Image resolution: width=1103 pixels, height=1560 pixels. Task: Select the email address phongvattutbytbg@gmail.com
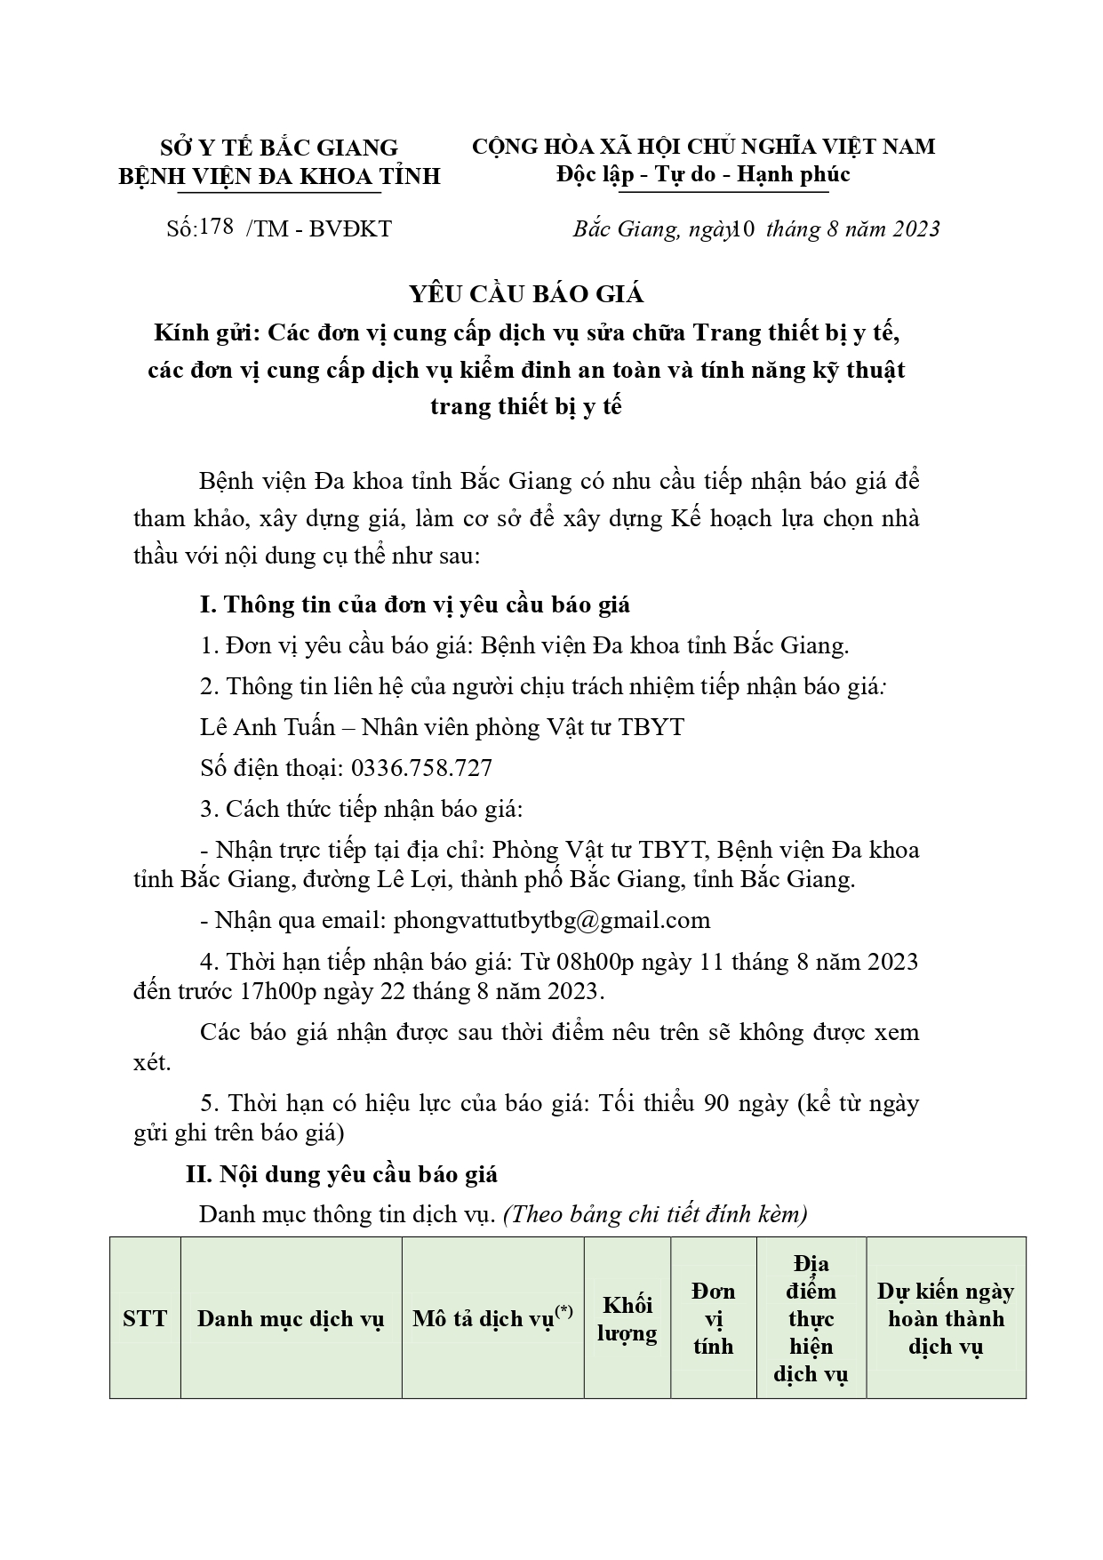click(551, 920)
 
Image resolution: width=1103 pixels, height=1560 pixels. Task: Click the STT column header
click(145, 1317)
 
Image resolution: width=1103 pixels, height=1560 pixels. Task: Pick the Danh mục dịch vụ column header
click(291, 1318)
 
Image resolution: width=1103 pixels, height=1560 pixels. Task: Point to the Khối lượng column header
click(627, 1318)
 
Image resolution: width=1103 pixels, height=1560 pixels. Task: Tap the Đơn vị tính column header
click(713, 1318)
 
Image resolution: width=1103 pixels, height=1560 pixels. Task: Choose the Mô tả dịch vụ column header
click(492, 1317)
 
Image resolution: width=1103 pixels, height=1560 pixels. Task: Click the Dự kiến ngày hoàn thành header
click(946, 1318)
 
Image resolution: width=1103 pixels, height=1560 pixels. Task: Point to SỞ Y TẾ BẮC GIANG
click(279, 147)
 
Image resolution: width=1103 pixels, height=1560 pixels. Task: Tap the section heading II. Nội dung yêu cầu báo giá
click(341, 1174)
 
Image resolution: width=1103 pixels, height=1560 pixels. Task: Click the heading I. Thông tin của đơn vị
click(415, 604)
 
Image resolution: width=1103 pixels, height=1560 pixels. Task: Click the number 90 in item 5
click(717, 1103)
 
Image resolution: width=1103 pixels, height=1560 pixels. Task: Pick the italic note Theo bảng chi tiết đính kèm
click(656, 1214)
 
